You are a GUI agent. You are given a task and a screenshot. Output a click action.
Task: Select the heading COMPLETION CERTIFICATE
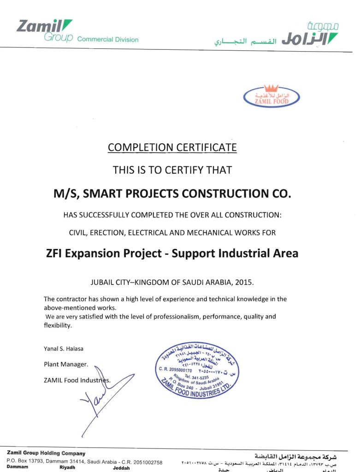[172, 147]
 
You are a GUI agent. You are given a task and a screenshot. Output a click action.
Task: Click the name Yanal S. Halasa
[64, 348]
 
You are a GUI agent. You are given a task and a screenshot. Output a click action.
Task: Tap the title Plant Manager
[66, 364]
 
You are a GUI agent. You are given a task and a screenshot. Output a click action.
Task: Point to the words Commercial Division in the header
[108, 40]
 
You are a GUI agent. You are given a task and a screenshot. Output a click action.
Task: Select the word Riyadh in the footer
[67, 467]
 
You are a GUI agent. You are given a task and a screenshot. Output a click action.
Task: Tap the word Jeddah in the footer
[121, 467]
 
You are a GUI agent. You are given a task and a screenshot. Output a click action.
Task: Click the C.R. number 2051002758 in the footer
[146, 461]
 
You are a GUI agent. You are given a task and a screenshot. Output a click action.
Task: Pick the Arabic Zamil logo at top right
[310, 35]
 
